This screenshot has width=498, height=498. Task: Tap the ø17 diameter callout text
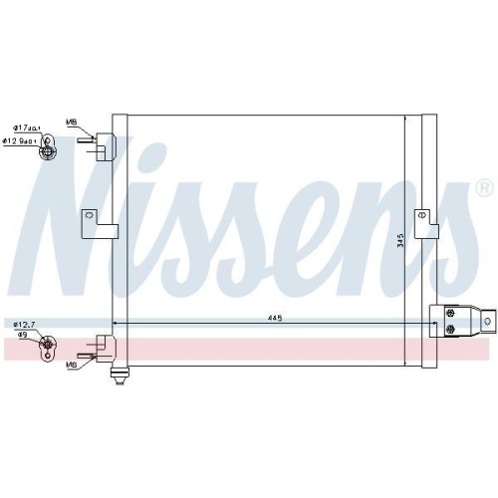(25, 127)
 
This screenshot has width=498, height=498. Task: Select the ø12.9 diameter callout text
(25, 141)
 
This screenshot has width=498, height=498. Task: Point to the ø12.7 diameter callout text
(23, 325)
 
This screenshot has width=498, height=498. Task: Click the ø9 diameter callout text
(20, 336)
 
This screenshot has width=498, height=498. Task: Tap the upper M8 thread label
(71, 123)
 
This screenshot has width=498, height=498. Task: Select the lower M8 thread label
(71, 366)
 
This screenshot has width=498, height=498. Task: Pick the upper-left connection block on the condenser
(103, 145)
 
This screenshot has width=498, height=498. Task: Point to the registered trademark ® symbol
(483, 187)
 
